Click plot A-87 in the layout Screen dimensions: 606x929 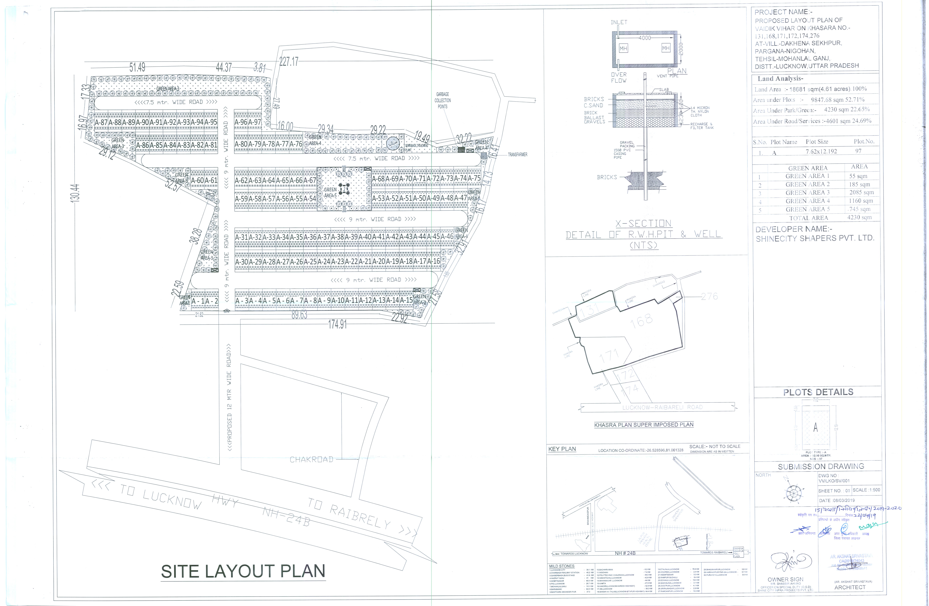tap(101, 122)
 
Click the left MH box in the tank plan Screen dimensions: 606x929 tap(623, 48)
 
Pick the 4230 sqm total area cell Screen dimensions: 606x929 tap(859, 217)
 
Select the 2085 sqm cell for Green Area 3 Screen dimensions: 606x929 tap(861, 192)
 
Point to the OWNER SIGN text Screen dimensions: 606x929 tap(785, 580)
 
